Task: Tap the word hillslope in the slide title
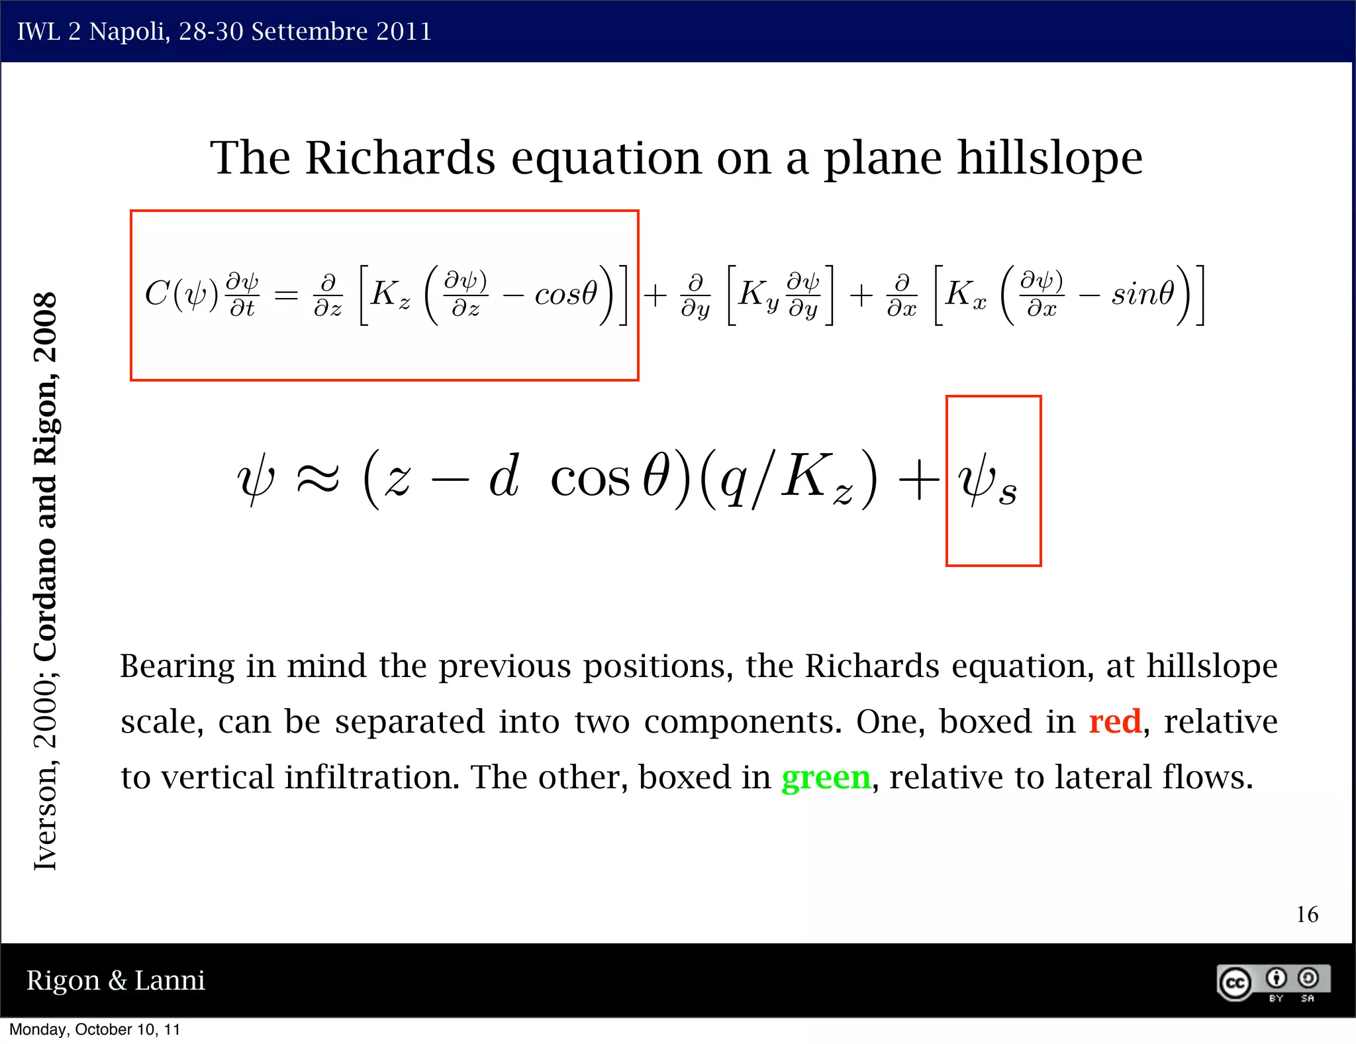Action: click(1050, 159)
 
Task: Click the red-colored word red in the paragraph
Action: click(1115, 721)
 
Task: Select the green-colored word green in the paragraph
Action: click(826, 778)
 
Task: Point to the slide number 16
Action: click(1307, 915)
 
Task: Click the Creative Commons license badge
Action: click(1273, 982)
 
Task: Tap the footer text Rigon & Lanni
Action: click(115, 980)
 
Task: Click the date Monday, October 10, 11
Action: click(94, 1029)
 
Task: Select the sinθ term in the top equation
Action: click(1142, 293)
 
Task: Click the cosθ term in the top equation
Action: click(565, 293)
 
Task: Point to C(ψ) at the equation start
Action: click(181, 293)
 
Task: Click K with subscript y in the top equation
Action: click(757, 294)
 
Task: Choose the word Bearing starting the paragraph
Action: click(177, 666)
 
